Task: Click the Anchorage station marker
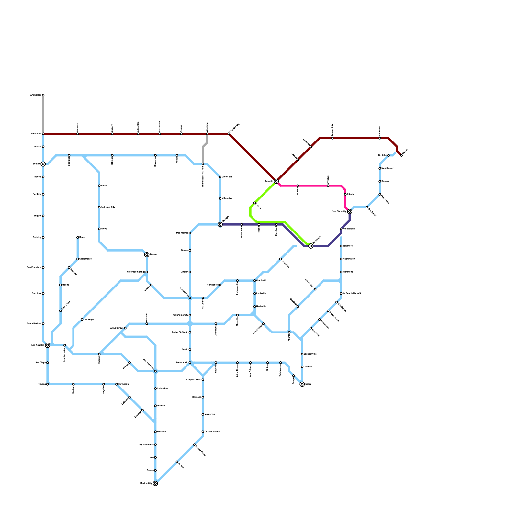pyautogui.click(x=43, y=95)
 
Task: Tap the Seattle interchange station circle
pyautogui.click(x=43, y=164)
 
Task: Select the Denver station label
pyautogui.click(x=153, y=255)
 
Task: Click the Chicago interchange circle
pyautogui.click(x=220, y=224)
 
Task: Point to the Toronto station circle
pyautogui.click(x=276, y=181)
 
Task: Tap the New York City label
pyautogui.click(x=339, y=211)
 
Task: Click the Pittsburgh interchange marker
pyautogui.click(x=311, y=246)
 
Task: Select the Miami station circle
pyautogui.click(x=302, y=384)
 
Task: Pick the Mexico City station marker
pyautogui.click(x=155, y=483)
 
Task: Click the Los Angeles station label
pyautogui.click(x=38, y=345)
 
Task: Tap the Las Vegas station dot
pyautogui.click(x=82, y=320)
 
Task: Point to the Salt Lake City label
pyautogui.click(x=108, y=207)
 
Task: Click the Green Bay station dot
pyautogui.click(x=220, y=177)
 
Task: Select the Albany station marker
pyautogui.click(x=345, y=194)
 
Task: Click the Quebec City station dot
pyautogui.click(x=332, y=138)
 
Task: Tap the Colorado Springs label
pyautogui.click(x=136, y=272)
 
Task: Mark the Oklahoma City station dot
pyautogui.click(x=190, y=315)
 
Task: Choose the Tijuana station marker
pyautogui.click(x=48, y=384)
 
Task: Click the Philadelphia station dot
pyautogui.click(x=341, y=229)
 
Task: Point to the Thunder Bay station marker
pyautogui.click(x=229, y=134)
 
